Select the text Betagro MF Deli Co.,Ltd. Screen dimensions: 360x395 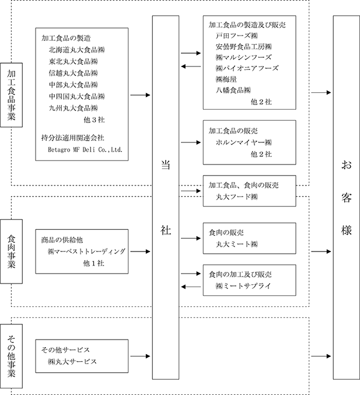pyautogui.click(x=85, y=149)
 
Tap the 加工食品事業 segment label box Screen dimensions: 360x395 pyautogui.click(x=11, y=95)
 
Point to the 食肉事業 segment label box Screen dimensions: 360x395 pyautogui.click(x=11, y=251)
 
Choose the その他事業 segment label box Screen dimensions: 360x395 pyautogui.click(x=11, y=356)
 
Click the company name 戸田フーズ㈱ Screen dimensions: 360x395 pyautogui.click(x=237, y=36)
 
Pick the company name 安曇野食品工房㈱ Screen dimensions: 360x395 pyautogui.click(x=244, y=47)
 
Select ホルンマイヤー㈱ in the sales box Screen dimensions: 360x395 pyautogui.click(x=244, y=142)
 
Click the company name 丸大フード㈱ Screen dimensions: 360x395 pyautogui.click(x=237, y=197)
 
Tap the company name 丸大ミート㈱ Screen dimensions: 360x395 pyautogui.click(x=237, y=244)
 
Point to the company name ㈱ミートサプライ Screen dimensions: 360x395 pyautogui.click(x=243, y=286)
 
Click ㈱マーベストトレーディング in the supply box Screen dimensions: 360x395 pyautogui.click(x=86, y=251)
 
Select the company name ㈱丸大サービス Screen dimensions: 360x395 pyautogui.click(x=72, y=362)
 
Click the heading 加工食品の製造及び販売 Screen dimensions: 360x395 pyautogui.click(x=247, y=25)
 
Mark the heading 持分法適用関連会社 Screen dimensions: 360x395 pyautogui.click(x=72, y=138)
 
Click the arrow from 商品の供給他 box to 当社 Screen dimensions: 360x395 pyautogui.click(x=140, y=251)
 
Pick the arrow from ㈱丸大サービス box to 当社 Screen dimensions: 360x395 pyautogui.click(x=140, y=356)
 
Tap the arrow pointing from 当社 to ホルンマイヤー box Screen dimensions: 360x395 pyautogui.click(x=191, y=142)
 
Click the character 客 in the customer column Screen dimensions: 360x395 pyautogui.click(x=347, y=197)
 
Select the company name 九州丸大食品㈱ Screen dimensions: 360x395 pyautogui.click(x=73, y=108)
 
